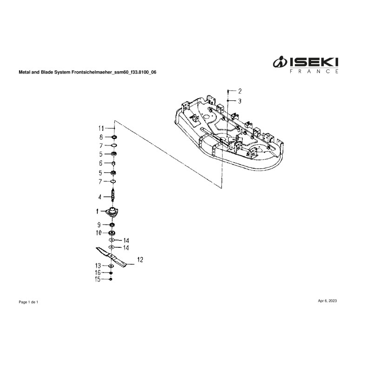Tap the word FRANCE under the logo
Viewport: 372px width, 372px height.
(x=314, y=72)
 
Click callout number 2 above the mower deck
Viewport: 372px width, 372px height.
(x=240, y=91)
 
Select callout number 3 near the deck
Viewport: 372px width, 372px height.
(x=239, y=100)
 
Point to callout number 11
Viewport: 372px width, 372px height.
(x=101, y=128)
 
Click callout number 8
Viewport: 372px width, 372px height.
(x=101, y=137)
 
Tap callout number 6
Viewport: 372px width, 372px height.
(x=101, y=163)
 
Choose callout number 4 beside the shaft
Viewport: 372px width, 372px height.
(x=100, y=196)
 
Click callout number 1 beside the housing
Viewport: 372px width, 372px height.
(x=98, y=211)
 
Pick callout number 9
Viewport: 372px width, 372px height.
(x=100, y=225)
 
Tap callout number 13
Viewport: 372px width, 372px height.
(x=98, y=265)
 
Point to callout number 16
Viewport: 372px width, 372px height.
(x=98, y=272)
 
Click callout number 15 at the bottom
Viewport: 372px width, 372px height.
(x=98, y=279)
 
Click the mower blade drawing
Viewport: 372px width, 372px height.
(x=112, y=256)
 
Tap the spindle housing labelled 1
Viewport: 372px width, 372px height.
(x=112, y=212)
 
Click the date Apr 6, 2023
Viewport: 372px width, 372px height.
(x=327, y=301)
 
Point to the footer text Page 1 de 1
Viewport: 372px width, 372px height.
(x=28, y=302)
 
